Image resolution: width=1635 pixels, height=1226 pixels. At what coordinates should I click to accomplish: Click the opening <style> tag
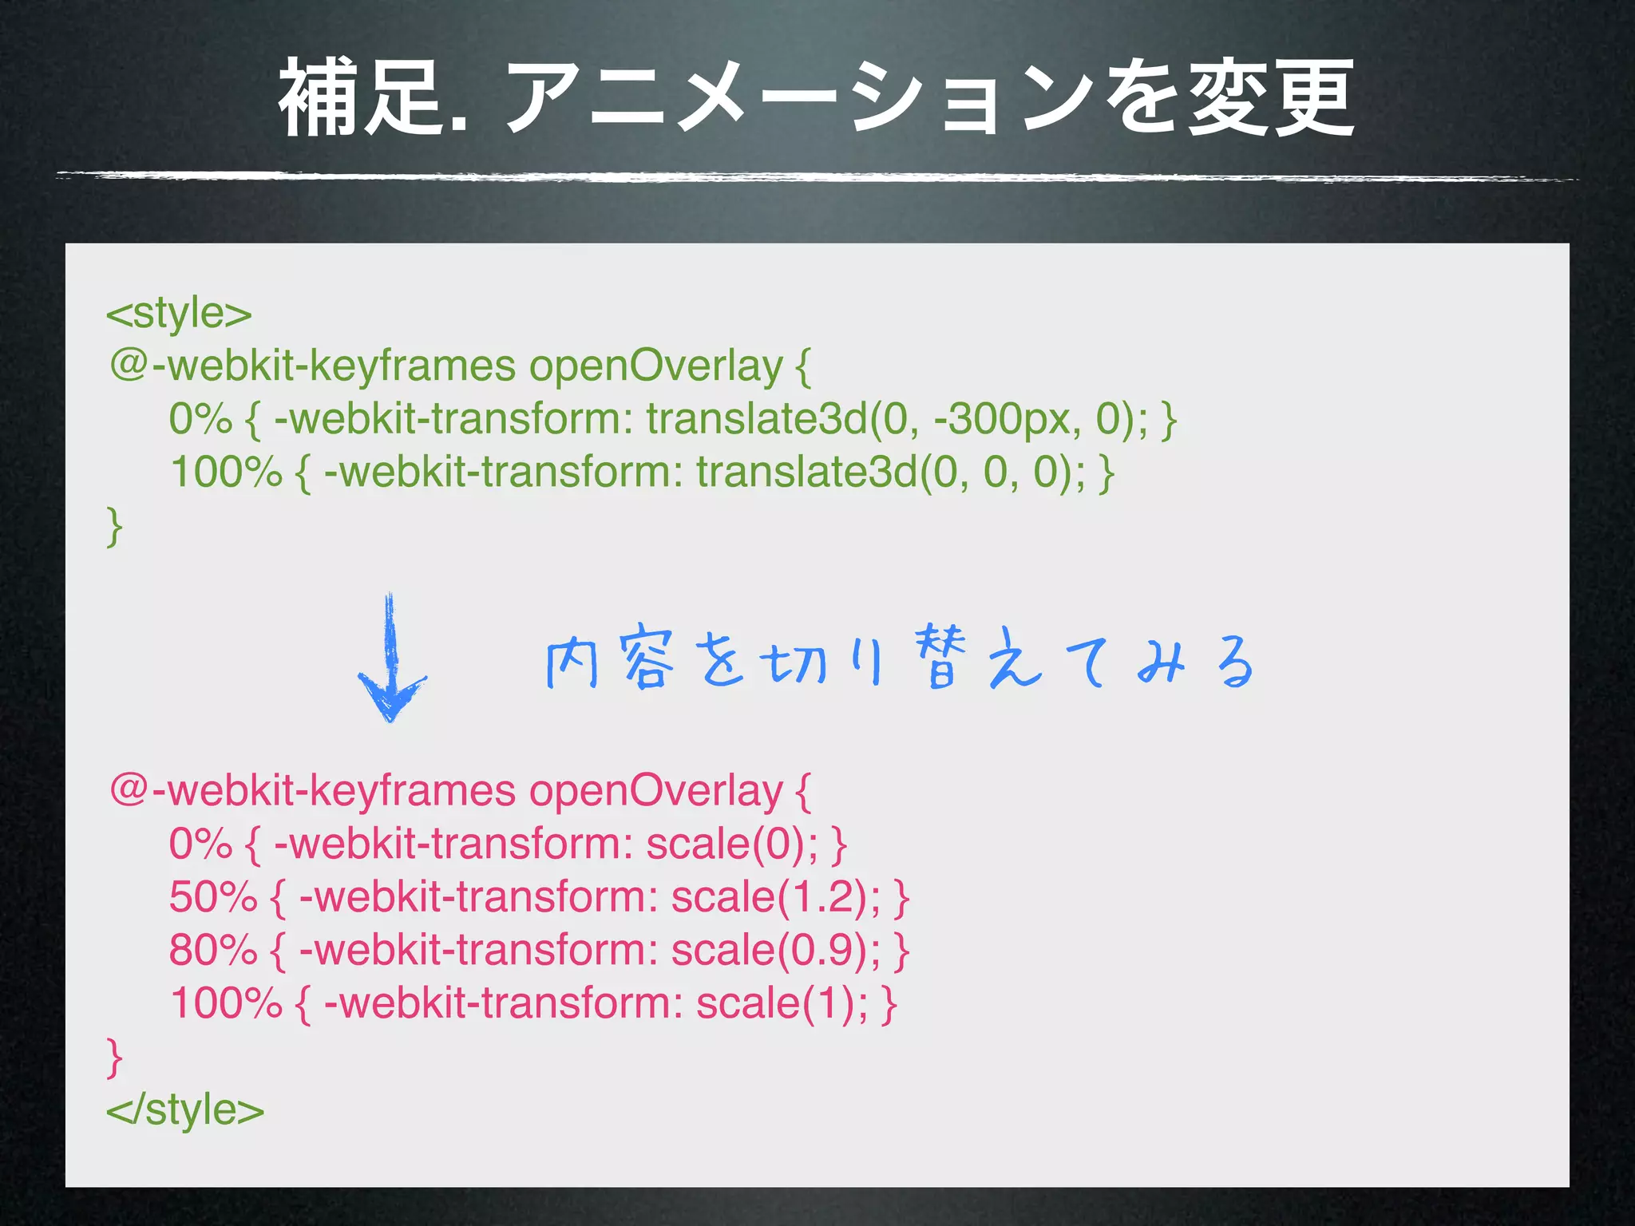click(x=179, y=313)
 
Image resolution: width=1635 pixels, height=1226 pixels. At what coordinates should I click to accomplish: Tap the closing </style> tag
click(x=185, y=1109)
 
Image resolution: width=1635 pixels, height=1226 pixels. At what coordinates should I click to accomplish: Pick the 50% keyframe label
click(x=213, y=897)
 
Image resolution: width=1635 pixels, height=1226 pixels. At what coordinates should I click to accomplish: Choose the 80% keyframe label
click(x=213, y=950)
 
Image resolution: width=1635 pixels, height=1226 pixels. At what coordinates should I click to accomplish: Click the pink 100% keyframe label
click(x=226, y=1003)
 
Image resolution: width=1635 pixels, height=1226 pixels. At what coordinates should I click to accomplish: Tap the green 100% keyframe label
click(x=226, y=472)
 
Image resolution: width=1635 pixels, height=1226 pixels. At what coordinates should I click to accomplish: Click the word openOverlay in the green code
click(x=655, y=366)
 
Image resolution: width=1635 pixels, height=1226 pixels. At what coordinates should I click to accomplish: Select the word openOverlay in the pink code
click(x=655, y=791)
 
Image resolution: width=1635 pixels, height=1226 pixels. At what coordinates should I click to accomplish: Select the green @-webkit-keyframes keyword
click(x=313, y=366)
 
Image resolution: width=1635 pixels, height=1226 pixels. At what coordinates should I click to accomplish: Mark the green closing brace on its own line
click(x=115, y=526)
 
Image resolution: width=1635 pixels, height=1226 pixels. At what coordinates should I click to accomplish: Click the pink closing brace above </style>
click(x=115, y=1057)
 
